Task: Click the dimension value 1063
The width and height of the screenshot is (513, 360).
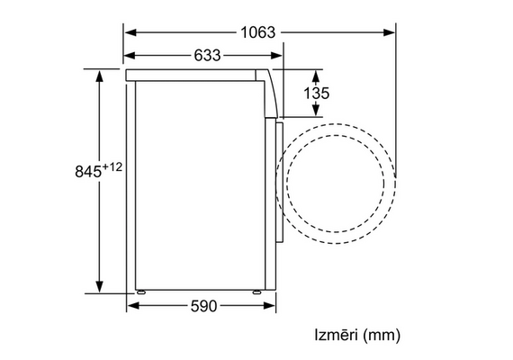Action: pos(258,32)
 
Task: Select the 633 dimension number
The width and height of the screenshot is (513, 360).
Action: pos(207,55)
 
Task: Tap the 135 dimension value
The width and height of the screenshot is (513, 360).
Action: pos(317,94)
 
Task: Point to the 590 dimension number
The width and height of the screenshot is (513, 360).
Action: pos(203,306)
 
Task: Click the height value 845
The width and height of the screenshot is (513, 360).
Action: pos(88,171)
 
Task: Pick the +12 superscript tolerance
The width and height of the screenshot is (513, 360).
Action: pos(112,167)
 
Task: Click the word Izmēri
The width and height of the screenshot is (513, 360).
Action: pos(336,335)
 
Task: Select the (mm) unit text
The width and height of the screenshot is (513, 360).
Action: pos(382,335)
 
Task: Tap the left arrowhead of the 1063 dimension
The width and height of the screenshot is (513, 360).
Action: pos(130,32)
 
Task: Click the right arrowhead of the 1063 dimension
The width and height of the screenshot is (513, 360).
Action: pos(389,32)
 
